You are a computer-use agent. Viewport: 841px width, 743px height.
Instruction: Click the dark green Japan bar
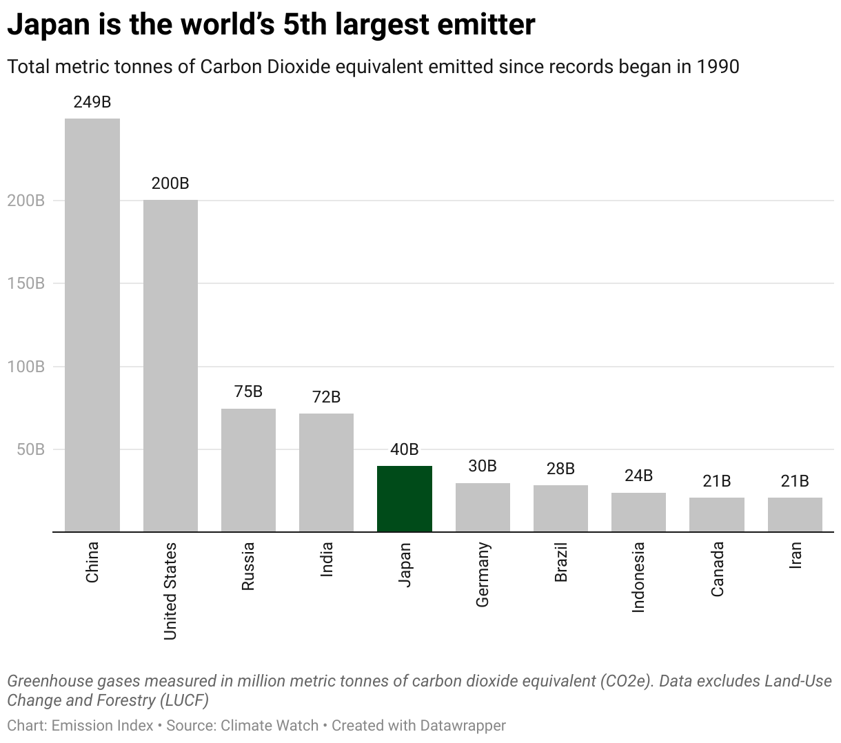pyautogui.click(x=405, y=499)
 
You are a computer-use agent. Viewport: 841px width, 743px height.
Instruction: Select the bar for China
pyautogui.click(x=92, y=325)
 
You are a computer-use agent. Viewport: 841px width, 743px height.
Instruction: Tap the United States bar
pyautogui.click(x=170, y=365)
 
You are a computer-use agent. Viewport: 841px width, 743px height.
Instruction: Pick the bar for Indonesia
pyautogui.click(x=638, y=512)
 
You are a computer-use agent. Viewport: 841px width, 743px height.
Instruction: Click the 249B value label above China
pyautogui.click(x=92, y=102)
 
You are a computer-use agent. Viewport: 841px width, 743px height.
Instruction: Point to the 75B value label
pyautogui.click(x=248, y=391)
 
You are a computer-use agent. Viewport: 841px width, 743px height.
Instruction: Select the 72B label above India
pyautogui.click(x=326, y=397)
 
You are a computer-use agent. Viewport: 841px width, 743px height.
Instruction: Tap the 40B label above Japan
pyautogui.click(x=405, y=449)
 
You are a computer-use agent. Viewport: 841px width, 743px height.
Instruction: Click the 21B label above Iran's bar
pyautogui.click(x=795, y=481)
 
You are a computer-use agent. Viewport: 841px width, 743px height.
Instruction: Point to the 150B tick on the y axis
pyautogui.click(x=26, y=283)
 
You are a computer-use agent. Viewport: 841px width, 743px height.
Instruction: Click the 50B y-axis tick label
pyautogui.click(x=30, y=449)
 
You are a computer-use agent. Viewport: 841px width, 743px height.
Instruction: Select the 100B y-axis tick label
pyautogui.click(x=26, y=367)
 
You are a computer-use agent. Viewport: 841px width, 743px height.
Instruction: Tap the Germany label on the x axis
pyautogui.click(x=483, y=574)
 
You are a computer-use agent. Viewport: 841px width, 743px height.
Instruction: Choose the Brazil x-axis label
pyautogui.click(x=560, y=562)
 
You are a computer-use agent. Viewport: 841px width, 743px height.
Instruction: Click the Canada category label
pyautogui.click(x=717, y=569)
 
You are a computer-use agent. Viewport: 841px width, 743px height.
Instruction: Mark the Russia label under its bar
pyautogui.click(x=248, y=566)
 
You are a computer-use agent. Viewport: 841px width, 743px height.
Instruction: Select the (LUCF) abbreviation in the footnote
pyautogui.click(x=183, y=700)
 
